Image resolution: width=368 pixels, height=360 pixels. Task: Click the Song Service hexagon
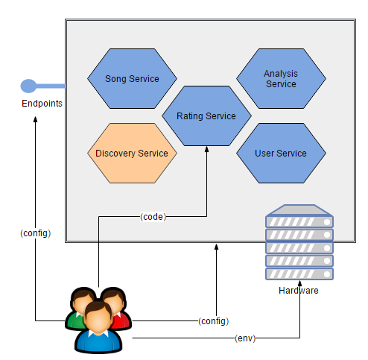coord(132,78)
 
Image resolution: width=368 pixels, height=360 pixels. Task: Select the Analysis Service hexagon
coord(280,79)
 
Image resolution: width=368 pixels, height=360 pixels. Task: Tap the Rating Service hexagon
coord(206,116)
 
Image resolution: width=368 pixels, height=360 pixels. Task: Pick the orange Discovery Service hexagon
coord(132,154)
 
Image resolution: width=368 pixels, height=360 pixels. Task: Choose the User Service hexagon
coord(280,154)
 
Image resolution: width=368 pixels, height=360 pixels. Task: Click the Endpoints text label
coord(42,104)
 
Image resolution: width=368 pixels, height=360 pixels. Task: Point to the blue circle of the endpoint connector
coord(28,86)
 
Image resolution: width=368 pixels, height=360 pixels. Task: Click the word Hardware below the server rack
coord(299,291)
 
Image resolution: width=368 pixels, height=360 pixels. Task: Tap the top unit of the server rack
coord(299,221)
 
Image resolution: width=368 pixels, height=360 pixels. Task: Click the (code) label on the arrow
coord(153,217)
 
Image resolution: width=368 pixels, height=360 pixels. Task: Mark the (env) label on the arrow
coord(244,338)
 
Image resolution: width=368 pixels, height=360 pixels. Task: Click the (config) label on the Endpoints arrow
coord(35,233)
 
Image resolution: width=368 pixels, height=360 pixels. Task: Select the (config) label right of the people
coord(213,321)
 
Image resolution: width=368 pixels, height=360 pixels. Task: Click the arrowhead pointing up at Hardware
coord(299,305)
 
